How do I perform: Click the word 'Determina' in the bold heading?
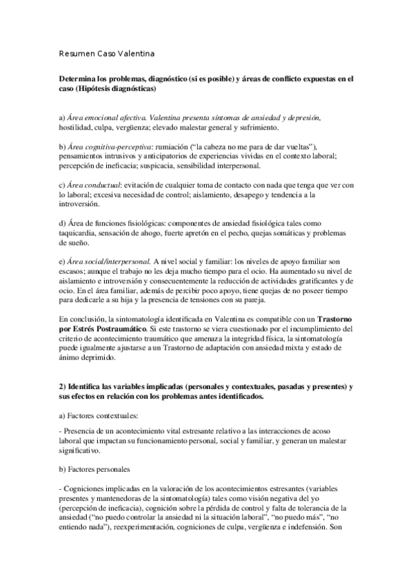tap(80, 80)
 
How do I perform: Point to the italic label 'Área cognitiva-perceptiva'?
tap(110, 148)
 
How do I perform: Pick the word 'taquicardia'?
tap(79, 234)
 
